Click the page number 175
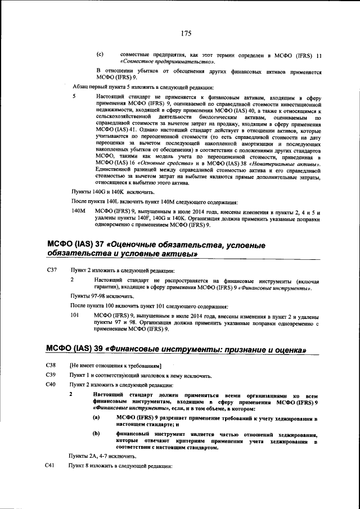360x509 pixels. point(187,33)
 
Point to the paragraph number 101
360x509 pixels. point(74,315)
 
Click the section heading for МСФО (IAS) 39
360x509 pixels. point(175,349)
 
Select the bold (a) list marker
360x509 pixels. point(96,418)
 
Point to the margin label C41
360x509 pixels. point(51,467)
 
